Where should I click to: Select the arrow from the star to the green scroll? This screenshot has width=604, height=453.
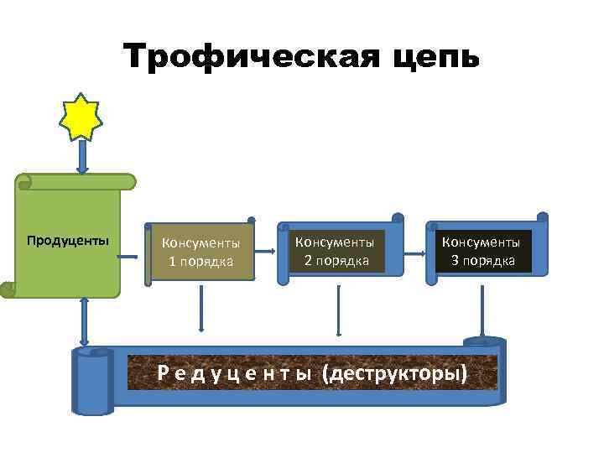[81, 157]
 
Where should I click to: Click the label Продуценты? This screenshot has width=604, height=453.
[67, 242]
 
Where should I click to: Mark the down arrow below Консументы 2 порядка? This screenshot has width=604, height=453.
[337, 310]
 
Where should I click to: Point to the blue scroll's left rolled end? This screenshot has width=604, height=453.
[92, 382]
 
